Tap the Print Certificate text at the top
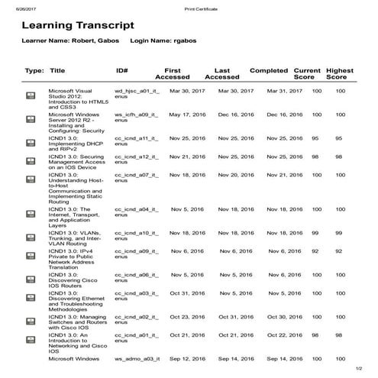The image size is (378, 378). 201,7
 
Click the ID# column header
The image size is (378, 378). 121,69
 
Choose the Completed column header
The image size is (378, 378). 269,69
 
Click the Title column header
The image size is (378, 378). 57,69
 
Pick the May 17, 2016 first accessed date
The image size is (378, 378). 183,114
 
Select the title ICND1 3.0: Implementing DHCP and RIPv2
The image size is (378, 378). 72,142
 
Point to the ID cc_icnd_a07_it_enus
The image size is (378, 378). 137,178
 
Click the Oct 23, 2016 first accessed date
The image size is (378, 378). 183,316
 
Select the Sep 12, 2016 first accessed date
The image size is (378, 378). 183,358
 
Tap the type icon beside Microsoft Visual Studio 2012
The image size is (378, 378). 32,95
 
